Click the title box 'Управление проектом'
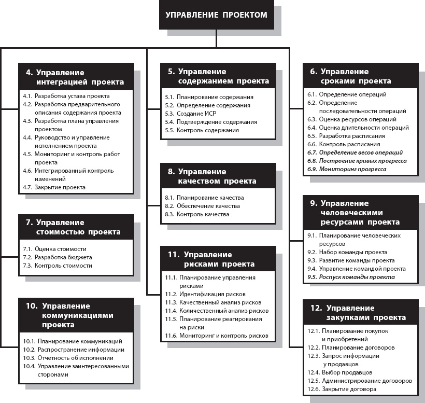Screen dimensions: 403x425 (217, 15)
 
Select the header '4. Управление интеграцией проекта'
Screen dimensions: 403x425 (75, 77)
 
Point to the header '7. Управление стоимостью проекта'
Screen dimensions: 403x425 (75, 227)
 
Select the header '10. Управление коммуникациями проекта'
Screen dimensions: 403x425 (75, 315)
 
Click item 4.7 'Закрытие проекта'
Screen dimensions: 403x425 (60, 187)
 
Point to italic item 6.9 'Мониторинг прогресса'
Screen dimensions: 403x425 (352, 169)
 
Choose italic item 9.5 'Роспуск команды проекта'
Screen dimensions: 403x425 (357, 277)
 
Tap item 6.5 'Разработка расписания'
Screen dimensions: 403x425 (352, 136)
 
